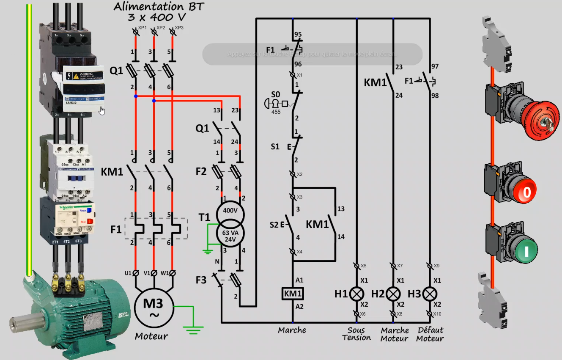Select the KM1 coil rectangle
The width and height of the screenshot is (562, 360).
(293, 293)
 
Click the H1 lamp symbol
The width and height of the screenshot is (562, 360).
(357, 293)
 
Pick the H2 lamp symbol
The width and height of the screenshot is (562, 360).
(394, 293)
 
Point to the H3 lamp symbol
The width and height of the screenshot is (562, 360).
(430, 293)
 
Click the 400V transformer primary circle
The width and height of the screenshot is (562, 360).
(230, 211)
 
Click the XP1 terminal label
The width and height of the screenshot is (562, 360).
(142, 27)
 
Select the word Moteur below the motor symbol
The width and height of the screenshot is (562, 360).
(151, 336)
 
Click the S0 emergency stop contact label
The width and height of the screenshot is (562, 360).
(276, 93)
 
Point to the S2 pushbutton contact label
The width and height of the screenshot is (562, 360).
(275, 224)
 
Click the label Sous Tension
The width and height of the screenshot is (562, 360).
(356, 334)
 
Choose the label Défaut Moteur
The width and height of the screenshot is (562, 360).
(430, 334)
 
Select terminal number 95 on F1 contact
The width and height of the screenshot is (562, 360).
(298, 35)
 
